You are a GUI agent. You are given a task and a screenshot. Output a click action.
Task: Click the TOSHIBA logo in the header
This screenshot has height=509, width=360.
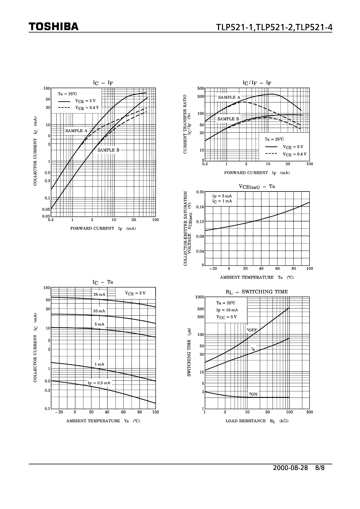(54, 27)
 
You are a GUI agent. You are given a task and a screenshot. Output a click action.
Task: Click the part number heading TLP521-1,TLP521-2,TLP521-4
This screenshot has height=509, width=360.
(274, 27)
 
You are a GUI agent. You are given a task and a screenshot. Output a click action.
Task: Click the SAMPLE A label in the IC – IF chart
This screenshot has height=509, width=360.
(76, 131)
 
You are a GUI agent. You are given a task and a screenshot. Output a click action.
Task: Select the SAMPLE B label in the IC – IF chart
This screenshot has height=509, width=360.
(108, 150)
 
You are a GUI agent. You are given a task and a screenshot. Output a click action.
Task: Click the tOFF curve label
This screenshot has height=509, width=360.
(252, 330)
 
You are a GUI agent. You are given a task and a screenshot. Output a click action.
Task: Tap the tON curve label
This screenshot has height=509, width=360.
(253, 394)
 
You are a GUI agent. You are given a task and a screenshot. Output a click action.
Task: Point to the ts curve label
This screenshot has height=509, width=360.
(253, 349)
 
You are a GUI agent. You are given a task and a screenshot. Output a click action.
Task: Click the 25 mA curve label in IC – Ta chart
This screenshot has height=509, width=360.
(99, 295)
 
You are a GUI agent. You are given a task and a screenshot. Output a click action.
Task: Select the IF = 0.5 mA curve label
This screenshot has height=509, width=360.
(99, 383)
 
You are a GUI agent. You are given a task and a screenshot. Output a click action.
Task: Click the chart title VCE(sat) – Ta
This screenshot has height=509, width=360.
(257, 187)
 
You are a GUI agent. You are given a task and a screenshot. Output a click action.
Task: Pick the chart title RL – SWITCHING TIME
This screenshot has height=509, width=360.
(257, 292)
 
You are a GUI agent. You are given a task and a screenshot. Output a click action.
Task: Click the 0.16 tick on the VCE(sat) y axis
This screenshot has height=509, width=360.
(200, 207)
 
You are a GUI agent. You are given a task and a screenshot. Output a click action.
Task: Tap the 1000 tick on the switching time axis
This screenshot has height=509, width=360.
(199, 297)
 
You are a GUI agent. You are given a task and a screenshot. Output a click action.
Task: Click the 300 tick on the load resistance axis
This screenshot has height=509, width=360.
(309, 412)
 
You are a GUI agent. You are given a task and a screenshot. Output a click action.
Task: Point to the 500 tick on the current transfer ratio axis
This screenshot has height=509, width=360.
(200, 88)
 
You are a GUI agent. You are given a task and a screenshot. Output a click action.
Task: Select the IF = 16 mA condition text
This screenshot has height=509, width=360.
(227, 310)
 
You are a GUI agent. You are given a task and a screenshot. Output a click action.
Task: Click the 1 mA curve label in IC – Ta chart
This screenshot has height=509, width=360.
(99, 364)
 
